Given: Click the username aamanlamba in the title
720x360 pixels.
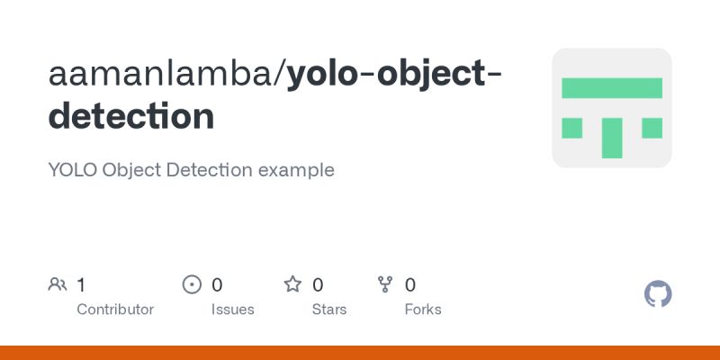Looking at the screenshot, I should pyautogui.click(x=161, y=76).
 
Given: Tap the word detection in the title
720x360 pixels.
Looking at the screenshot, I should pyautogui.click(x=131, y=116).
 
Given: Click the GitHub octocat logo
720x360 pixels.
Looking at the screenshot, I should pyautogui.click(x=659, y=294).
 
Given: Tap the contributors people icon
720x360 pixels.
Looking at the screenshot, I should pyautogui.click(x=58, y=285).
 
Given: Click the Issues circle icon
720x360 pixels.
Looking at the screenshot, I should pyautogui.click(x=192, y=285).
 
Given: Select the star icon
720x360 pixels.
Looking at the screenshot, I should pyautogui.click(x=292, y=285).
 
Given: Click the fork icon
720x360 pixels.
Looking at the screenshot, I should pyautogui.click(x=385, y=285).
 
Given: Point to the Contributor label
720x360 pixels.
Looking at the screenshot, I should pyautogui.click(x=115, y=310).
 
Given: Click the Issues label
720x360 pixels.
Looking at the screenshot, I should pyautogui.click(x=232, y=310).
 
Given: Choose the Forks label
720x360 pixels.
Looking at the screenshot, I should pyautogui.click(x=423, y=310).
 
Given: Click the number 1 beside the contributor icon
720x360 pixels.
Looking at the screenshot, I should pyautogui.click(x=81, y=285).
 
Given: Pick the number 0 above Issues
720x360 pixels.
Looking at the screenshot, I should pyautogui.click(x=217, y=285).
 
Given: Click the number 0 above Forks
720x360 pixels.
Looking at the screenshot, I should pyautogui.click(x=410, y=285).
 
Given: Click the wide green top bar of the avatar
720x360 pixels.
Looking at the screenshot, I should pyautogui.click(x=612, y=87).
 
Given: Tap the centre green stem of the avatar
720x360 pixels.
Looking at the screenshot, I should pyautogui.click(x=612, y=137).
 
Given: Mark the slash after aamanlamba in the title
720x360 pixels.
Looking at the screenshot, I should pyautogui.click(x=280, y=76).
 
